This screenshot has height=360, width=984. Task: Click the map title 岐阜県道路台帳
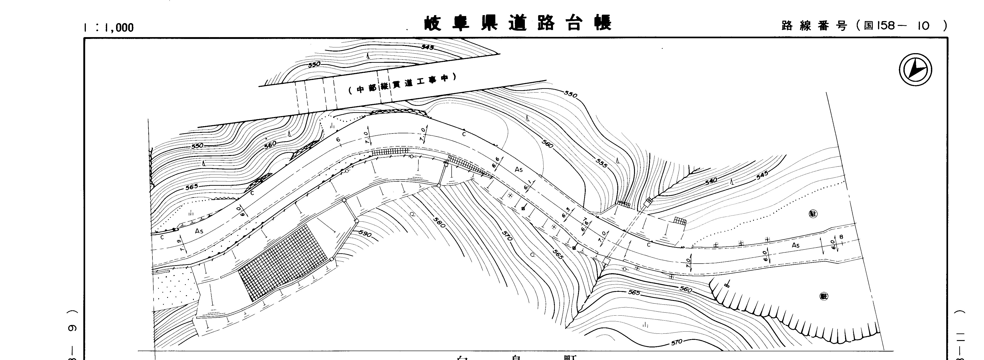[x=518, y=23]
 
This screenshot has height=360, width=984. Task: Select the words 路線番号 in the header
[x=814, y=26]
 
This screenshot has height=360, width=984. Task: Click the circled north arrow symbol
[x=915, y=70]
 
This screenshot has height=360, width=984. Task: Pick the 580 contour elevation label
[x=440, y=222]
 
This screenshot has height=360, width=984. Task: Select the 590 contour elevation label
[x=365, y=234]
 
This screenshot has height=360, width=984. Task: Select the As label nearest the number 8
[x=795, y=245]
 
